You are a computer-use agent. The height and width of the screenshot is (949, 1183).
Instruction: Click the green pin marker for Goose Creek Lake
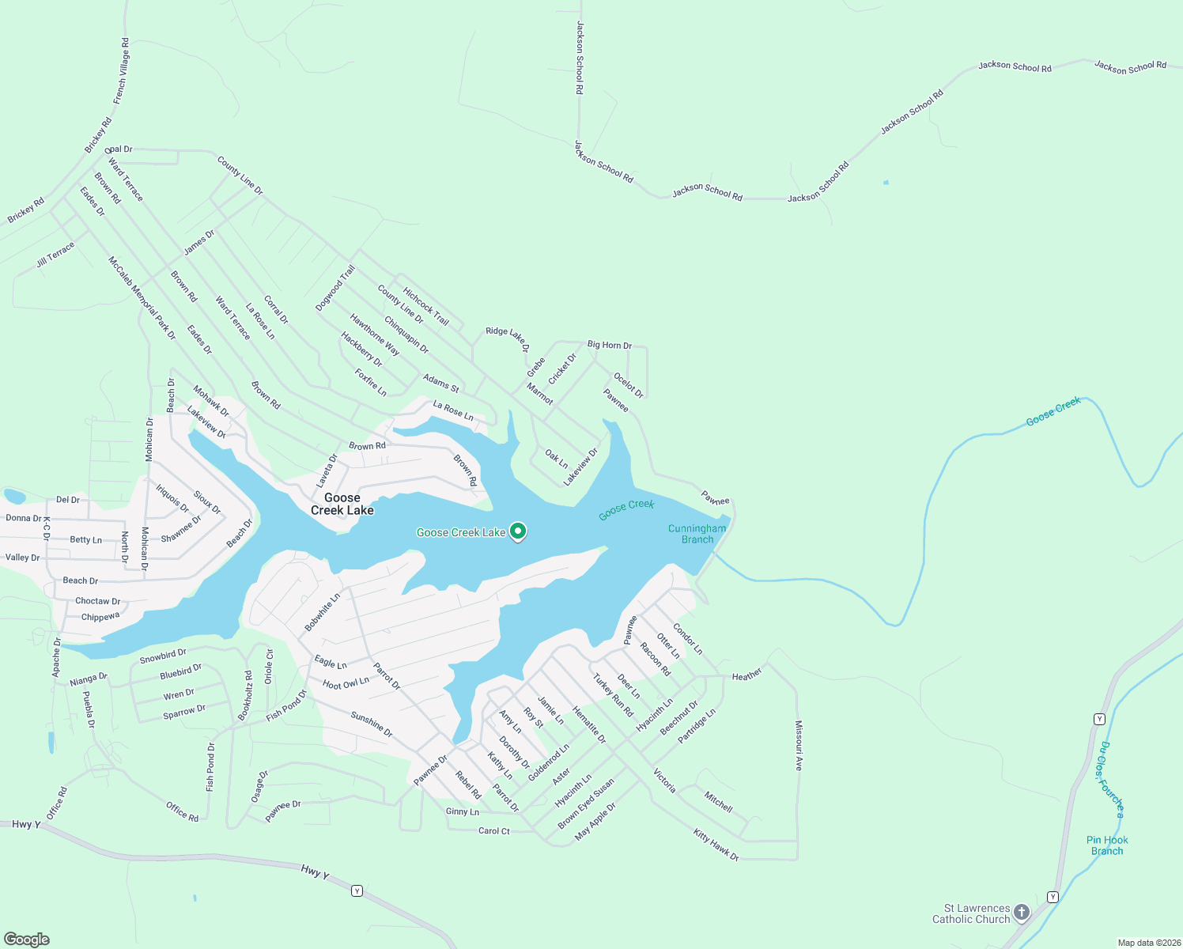click(518, 531)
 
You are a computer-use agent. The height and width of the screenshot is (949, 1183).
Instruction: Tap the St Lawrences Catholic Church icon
click(1022, 913)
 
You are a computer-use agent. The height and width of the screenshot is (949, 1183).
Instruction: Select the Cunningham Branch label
click(697, 534)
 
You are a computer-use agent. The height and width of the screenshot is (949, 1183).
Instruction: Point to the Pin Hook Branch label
click(1107, 845)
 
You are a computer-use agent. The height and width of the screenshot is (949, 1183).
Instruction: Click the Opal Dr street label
click(119, 149)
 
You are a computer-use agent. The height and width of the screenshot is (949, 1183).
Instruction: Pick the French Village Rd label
click(121, 71)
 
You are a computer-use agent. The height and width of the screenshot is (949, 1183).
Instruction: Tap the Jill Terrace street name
click(55, 255)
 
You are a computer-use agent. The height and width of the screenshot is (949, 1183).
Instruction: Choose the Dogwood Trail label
click(335, 289)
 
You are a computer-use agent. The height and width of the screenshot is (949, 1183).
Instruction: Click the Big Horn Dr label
click(609, 346)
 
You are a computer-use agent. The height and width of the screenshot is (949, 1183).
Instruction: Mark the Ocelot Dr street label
click(629, 385)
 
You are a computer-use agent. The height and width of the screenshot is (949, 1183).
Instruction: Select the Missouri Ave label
click(799, 746)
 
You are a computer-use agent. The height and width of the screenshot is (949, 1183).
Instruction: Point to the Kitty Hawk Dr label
click(716, 845)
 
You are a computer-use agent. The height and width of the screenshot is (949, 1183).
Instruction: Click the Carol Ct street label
click(494, 831)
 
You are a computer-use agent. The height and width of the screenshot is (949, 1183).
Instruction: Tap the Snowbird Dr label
click(163, 656)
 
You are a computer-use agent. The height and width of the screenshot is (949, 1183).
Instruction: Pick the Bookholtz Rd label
click(245, 695)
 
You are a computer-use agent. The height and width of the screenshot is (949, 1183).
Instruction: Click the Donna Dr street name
click(24, 519)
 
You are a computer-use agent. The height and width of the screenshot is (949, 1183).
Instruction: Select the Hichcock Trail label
click(425, 306)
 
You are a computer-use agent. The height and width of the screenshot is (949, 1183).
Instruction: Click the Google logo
click(27, 940)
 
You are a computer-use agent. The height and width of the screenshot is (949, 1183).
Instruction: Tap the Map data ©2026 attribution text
click(1147, 943)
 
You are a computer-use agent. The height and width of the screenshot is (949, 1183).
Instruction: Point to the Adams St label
click(440, 384)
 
